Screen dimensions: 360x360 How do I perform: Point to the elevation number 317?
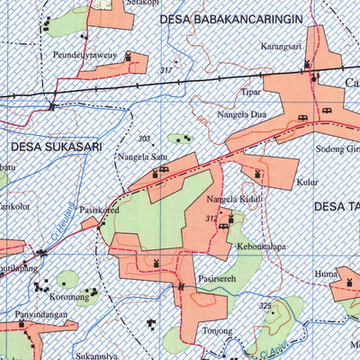pos(165,70)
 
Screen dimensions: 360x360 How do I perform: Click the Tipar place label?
pos(251,92)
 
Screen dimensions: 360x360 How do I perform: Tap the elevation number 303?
pos(144,139)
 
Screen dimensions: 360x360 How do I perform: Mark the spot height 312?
pos(211,219)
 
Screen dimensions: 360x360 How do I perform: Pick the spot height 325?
pos(265,307)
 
